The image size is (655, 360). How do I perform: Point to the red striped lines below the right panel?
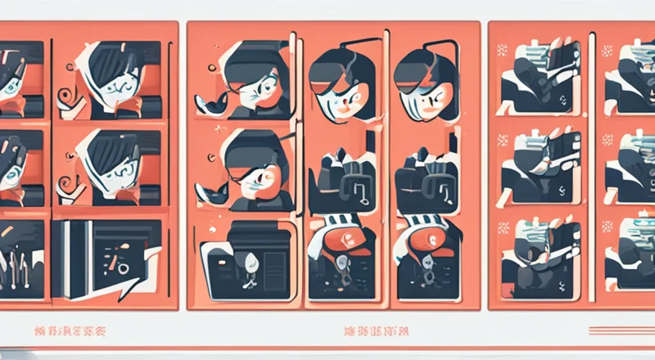pos(621,331)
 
